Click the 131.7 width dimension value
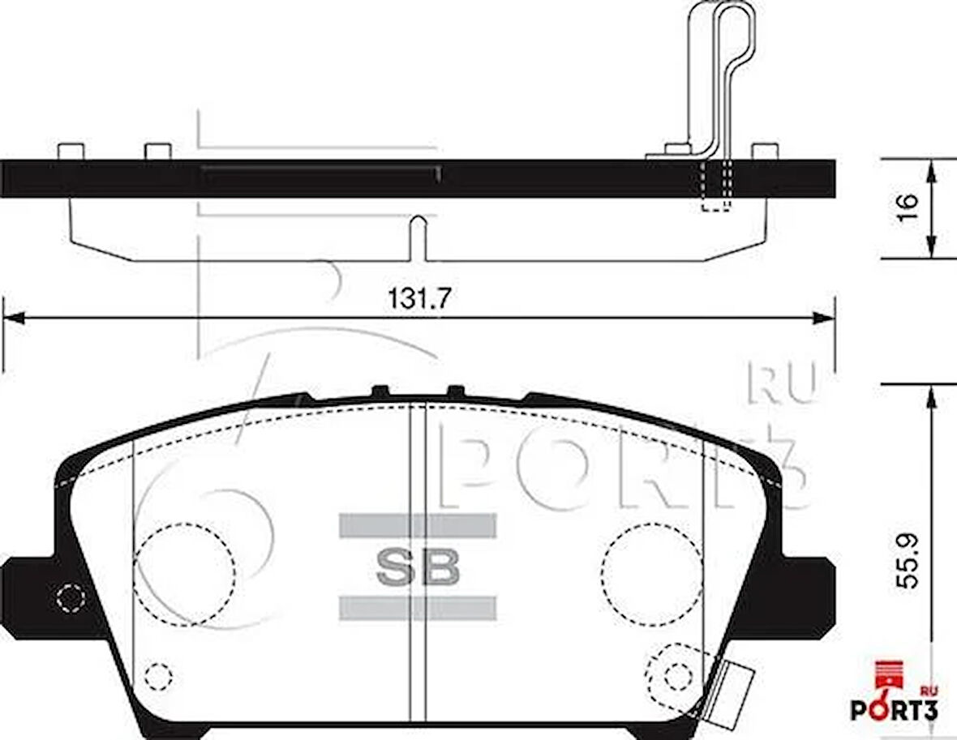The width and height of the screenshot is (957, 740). point(418,298)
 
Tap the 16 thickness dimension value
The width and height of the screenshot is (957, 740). point(908,208)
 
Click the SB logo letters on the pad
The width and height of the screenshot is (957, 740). point(418,567)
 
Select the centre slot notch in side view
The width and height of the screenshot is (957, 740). point(418,238)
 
